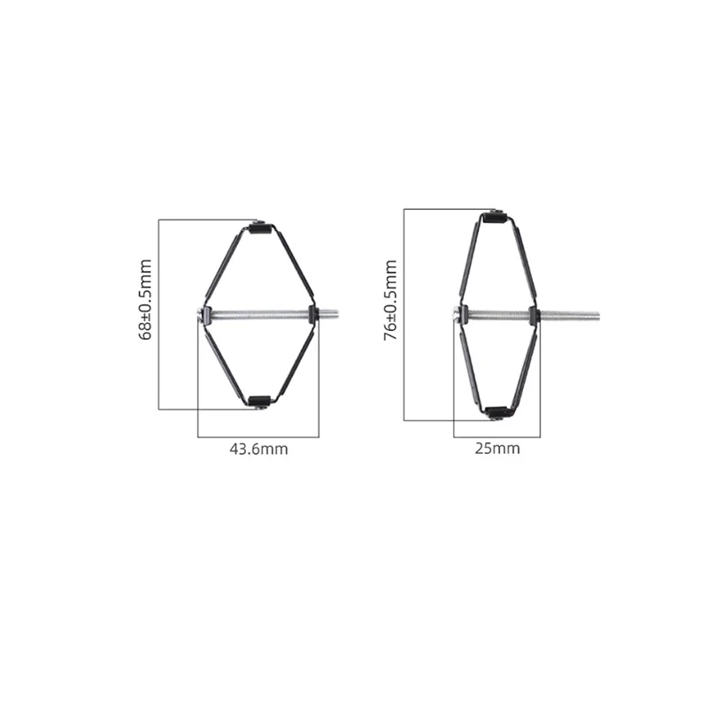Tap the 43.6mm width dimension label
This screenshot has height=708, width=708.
pos(258,449)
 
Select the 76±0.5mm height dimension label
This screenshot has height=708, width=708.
pos(390,301)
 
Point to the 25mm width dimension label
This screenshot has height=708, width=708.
pos(496,449)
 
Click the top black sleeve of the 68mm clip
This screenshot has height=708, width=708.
pos(258,229)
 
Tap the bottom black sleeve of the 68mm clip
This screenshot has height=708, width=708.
pos(258,403)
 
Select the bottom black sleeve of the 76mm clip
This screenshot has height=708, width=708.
pos(496,412)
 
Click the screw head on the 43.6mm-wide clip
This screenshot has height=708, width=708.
pos(198,312)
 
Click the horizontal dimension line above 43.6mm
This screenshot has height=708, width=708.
pos(258,436)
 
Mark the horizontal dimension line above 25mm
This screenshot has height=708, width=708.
pos(496,436)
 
